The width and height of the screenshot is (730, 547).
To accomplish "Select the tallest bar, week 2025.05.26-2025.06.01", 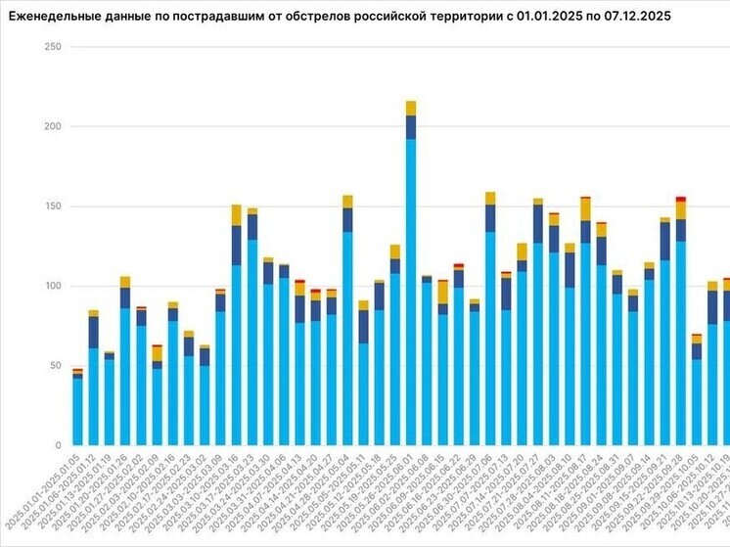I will (x=411, y=294).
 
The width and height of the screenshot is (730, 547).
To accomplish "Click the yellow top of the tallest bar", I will (x=411, y=108).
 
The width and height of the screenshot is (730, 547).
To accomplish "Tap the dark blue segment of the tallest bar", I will (x=411, y=127).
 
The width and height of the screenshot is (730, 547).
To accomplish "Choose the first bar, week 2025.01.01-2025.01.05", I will (x=77, y=411).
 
